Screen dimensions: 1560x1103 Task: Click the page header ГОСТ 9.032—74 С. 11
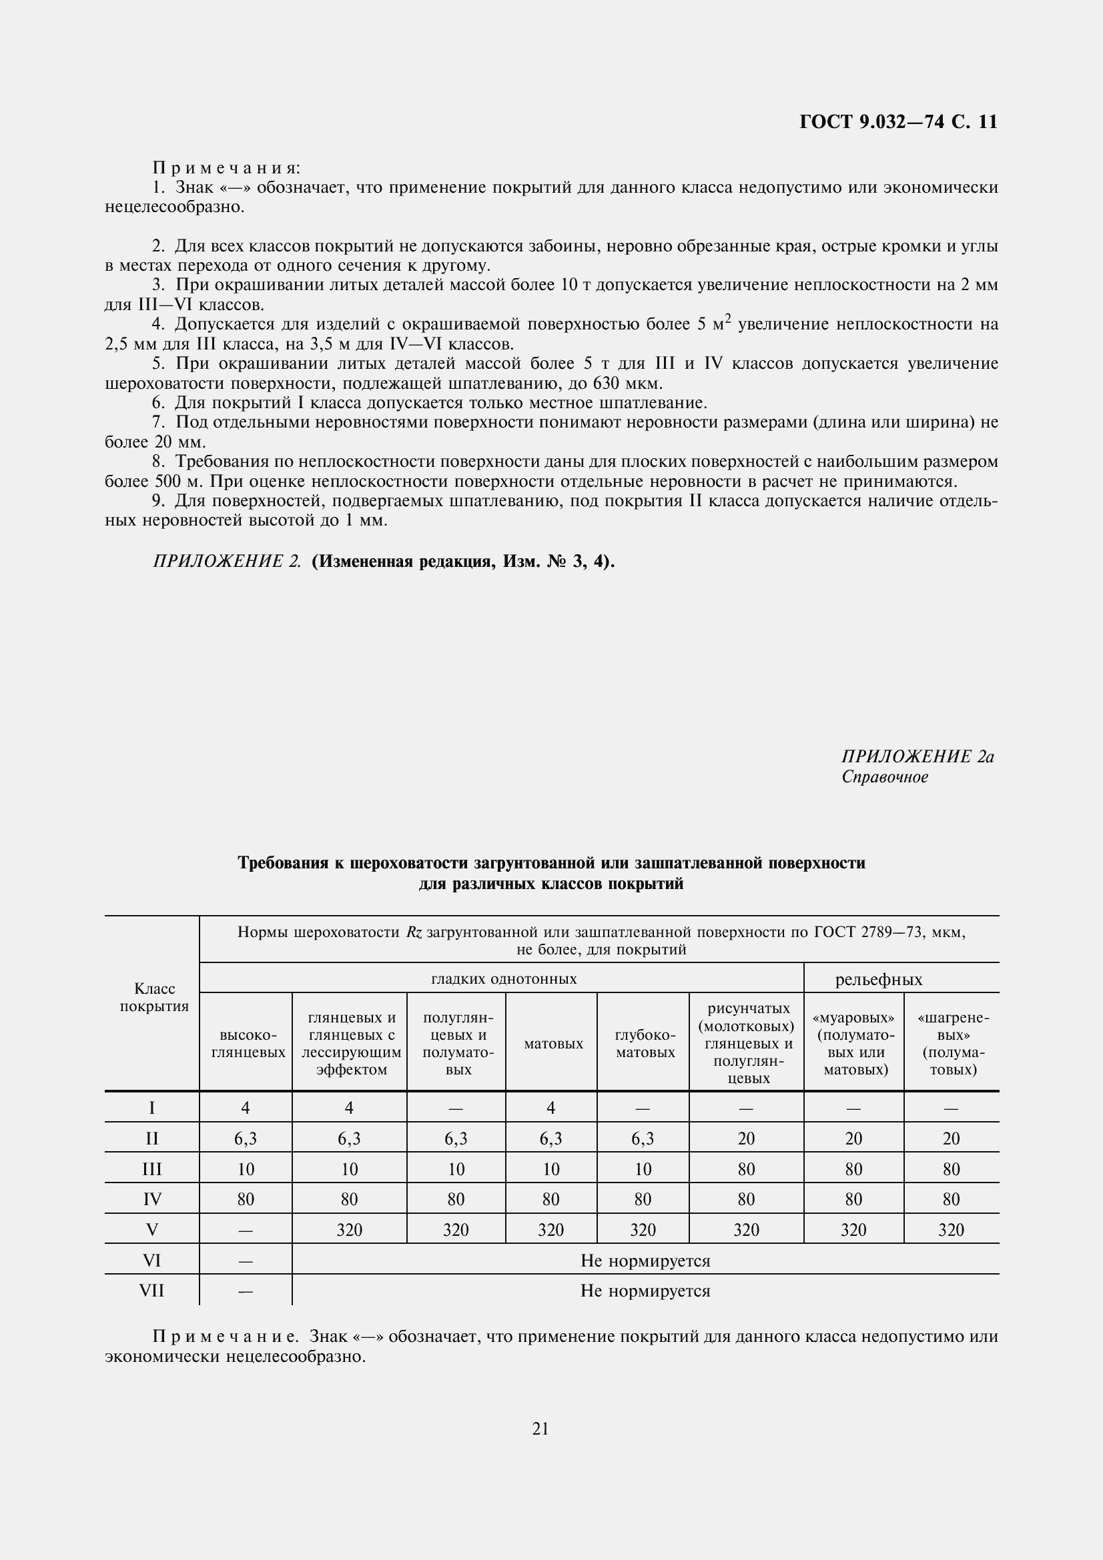[x=897, y=122]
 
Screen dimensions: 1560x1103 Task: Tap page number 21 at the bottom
[x=540, y=1429]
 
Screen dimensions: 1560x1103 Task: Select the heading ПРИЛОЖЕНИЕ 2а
[x=917, y=757]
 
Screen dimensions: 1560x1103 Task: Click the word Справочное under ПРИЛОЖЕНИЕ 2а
[x=885, y=777]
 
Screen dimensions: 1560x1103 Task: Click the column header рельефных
[x=879, y=980]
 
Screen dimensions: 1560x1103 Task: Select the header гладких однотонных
[x=504, y=979]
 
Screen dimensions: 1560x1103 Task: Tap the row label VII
[x=151, y=1291]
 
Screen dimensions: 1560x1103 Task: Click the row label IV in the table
[x=152, y=1199]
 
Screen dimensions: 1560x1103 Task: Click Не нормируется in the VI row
[x=645, y=1261]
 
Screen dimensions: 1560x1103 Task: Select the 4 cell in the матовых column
[x=551, y=1108]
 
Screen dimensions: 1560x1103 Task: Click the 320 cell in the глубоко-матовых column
[x=643, y=1230]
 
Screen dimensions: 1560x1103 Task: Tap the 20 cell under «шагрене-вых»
[x=951, y=1138]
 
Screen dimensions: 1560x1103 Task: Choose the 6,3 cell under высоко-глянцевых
[x=246, y=1138]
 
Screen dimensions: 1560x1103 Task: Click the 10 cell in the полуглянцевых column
[x=456, y=1169]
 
